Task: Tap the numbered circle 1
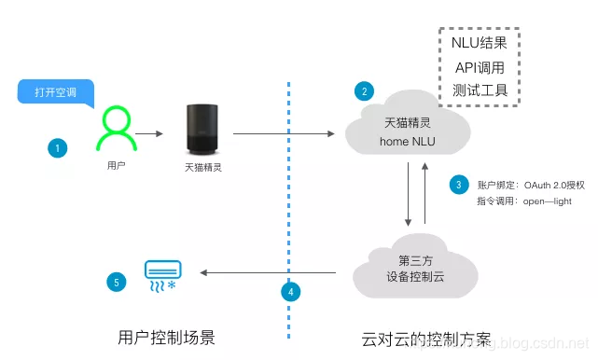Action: tap(59, 147)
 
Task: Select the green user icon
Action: tap(112, 131)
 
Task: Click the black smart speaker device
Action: tap(202, 129)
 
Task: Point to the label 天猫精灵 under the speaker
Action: tap(202, 168)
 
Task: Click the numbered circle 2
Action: tap(365, 90)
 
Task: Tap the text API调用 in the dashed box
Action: tap(480, 69)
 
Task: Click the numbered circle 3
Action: tap(458, 184)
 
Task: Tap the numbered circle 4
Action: tap(291, 292)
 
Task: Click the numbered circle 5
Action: tap(116, 280)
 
